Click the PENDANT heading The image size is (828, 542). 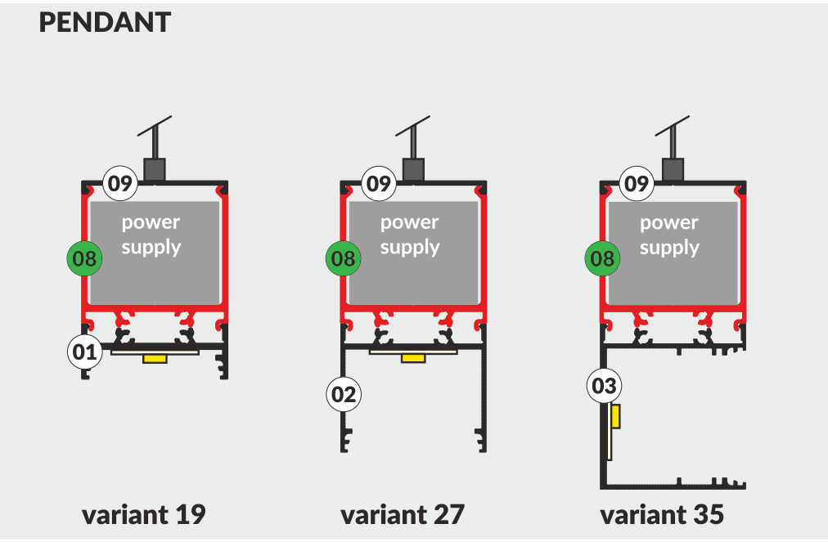click(x=105, y=23)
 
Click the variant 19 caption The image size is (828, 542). click(x=143, y=515)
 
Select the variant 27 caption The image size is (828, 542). click(x=403, y=515)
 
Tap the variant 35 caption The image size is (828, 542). click(x=662, y=515)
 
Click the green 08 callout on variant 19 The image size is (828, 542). click(x=84, y=260)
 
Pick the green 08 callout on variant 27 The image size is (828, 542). click(x=344, y=260)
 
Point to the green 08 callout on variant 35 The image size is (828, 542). click(x=603, y=260)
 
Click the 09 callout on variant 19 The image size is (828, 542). click(x=120, y=183)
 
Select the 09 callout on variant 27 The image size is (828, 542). click(x=379, y=183)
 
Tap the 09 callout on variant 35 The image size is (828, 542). click(x=637, y=183)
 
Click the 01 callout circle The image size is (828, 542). click(x=85, y=353)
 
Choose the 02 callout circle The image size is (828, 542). click(x=344, y=395)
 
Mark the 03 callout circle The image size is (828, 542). click(x=604, y=386)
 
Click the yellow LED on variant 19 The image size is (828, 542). click(x=154, y=359)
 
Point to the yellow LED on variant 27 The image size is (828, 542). click(x=413, y=359)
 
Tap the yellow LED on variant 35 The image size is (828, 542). click(x=615, y=416)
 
